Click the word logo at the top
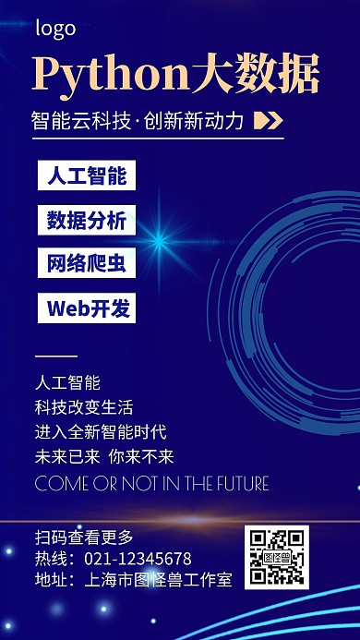click(55, 29)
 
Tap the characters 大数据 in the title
click(256, 75)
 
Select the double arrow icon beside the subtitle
click(267, 120)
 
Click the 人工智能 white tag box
click(87, 175)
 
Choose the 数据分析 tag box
click(87, 220)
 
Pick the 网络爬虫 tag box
click(87, 263)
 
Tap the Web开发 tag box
click(87, 308)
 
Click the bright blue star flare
click(160, 242)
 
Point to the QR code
click(276, 557)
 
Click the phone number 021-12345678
click(138, 559)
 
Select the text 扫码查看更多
click(84, 537)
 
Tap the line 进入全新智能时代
click(101, 431)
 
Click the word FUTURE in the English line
click(238, 483)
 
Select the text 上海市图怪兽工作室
click(158, 580)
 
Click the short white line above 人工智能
click(56, 356)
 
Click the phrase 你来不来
click(141, 456)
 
